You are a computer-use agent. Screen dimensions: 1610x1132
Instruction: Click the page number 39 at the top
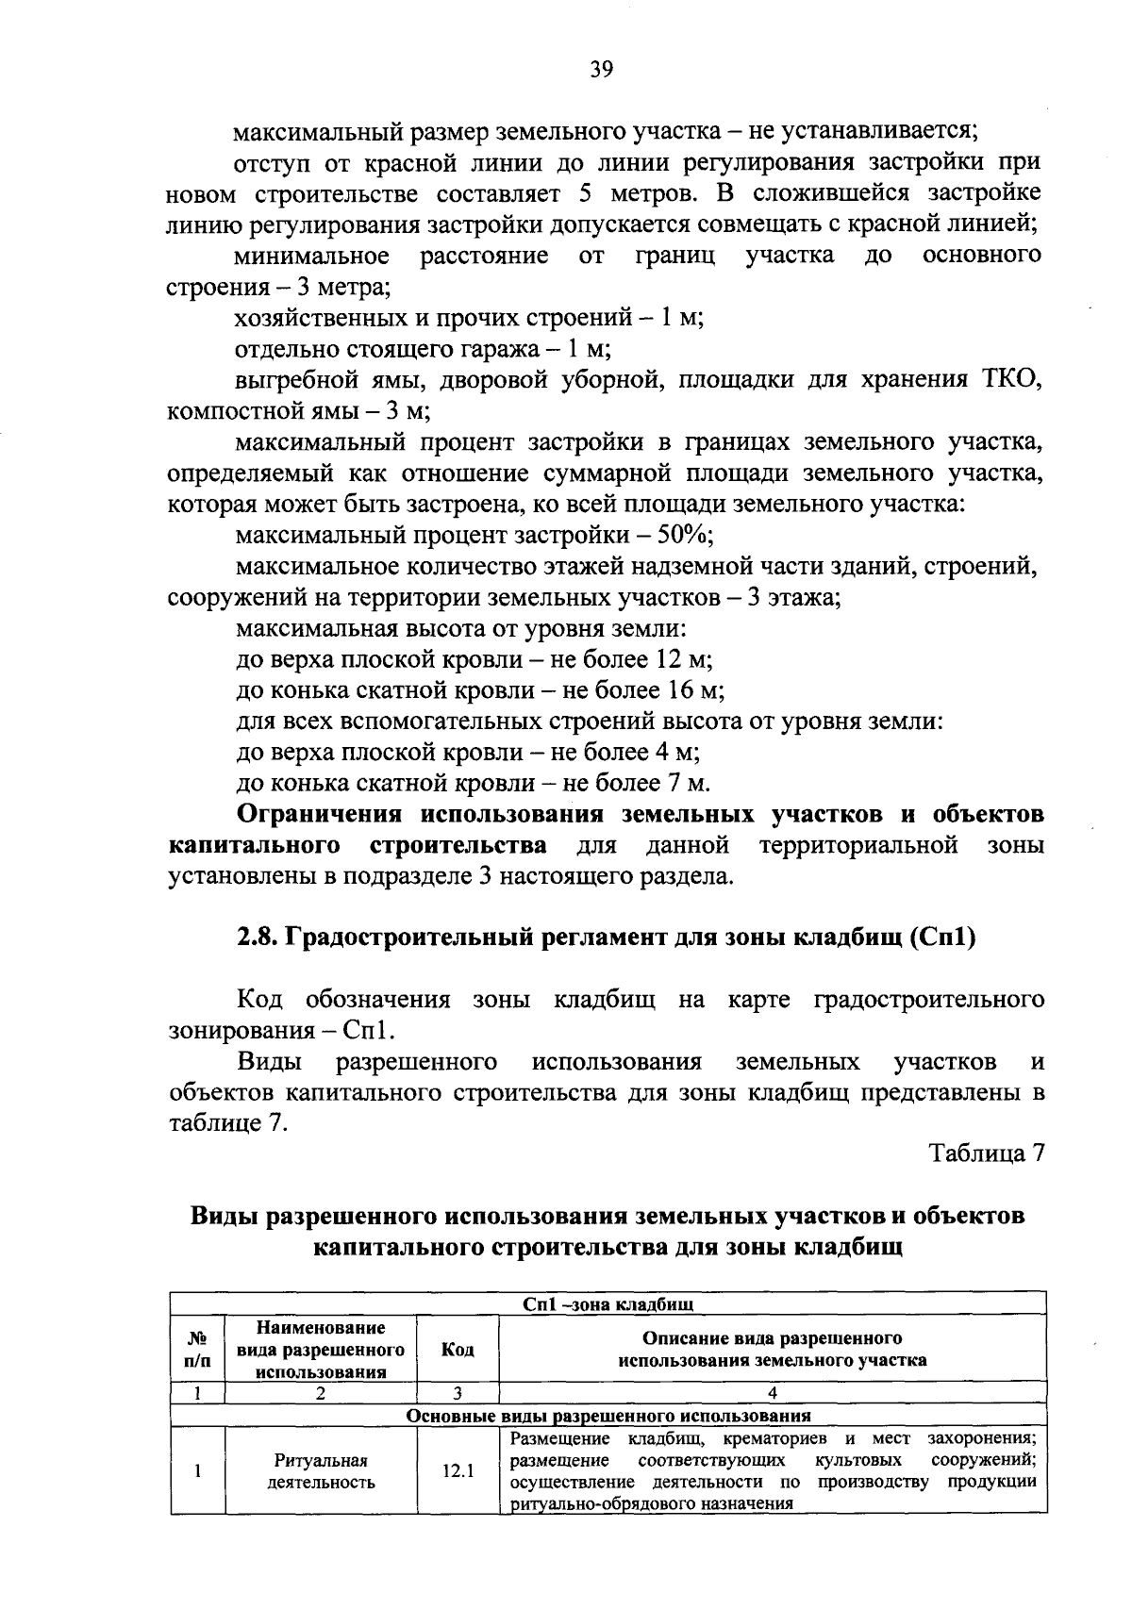pos(602,68)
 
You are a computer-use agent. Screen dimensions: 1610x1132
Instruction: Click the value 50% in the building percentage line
pos(683,536)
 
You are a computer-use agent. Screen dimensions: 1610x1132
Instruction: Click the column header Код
pos(458,1350)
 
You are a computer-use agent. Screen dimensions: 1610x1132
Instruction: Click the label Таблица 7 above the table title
pos(987,1154)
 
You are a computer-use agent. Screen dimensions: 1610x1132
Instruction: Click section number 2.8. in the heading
pos(256,939)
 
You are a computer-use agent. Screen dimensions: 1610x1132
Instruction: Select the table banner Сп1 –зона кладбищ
pos(608,1304)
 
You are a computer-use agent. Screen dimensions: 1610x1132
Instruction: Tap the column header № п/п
pos(198,1350)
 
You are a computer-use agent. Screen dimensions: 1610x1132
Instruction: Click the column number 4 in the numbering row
pos(773,1392)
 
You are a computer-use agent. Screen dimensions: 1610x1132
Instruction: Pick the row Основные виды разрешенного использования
pos(608,1416)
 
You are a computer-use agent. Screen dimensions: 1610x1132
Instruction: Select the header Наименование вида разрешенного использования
pos(321,1350)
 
